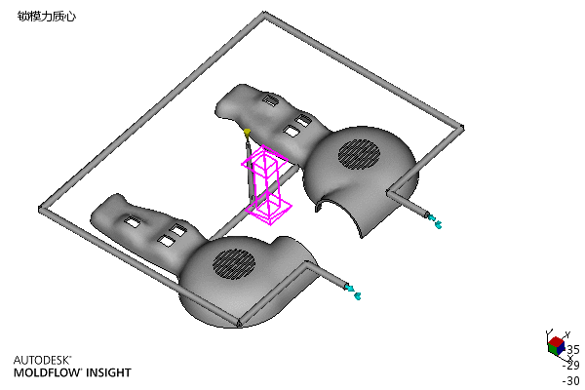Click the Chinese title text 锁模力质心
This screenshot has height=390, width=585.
(x=47, y=17)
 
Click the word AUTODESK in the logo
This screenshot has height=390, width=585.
(x=42, y=360)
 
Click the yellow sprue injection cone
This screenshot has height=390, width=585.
(x=247, y=133)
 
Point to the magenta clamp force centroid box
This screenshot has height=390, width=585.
(x=266, y=185)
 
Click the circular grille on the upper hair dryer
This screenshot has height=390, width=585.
(x=359, y=153)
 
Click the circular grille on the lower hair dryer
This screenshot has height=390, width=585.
(x=234, y=264)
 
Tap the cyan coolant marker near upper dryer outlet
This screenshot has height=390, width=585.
(x=435, y=221)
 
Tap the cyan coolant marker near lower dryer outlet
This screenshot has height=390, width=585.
(x=353, y=292)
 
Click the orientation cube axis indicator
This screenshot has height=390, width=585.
(x=557, y=345)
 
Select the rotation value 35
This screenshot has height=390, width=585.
(x=573, y=350)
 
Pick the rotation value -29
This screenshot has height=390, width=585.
(x=571, y=365)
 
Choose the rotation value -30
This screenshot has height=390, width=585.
(x=571, y=380)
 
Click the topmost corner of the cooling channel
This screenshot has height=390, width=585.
(x=264, y=15)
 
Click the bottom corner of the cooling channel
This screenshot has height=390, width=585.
(x=239, y=323)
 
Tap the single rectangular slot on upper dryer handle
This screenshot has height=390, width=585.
(x=271, y=100)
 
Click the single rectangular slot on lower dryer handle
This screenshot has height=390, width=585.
(x=132, y=221)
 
